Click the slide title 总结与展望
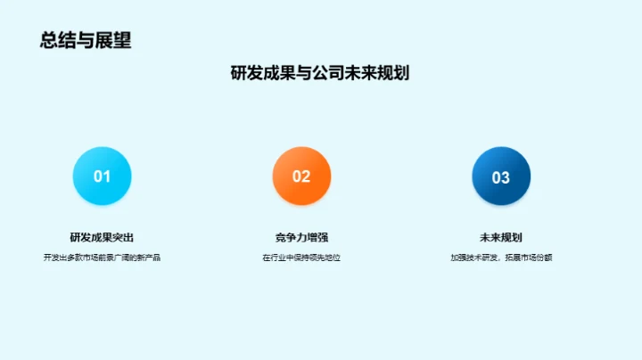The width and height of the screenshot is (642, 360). point(86,40)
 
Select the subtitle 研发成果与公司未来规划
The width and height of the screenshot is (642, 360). point(320,74)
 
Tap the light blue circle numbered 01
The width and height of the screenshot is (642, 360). point(102,176)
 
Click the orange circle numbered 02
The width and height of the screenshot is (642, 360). point(301,176)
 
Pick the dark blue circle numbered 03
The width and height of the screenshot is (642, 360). point(501,176)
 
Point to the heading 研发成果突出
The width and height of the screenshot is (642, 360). point(102,237)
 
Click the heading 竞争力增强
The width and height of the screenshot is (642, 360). point(301,237)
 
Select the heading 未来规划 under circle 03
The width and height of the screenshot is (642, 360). point(501,237)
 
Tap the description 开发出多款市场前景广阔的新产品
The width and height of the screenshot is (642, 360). point(102,258)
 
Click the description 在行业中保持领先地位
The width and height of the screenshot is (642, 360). point(301,258)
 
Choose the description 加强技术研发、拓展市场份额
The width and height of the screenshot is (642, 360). point(501,258)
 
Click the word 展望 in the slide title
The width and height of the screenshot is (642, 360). point(113,40)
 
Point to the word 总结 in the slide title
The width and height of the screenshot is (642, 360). point(56,40)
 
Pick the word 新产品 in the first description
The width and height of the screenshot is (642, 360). point(150,258)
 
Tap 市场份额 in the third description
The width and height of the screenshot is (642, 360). point(534,258)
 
